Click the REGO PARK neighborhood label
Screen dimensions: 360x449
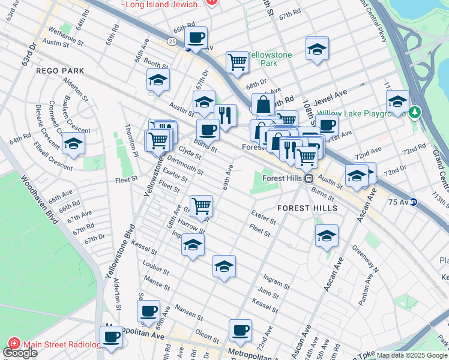pyautogui.click(x=60, y=71)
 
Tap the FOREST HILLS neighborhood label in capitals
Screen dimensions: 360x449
pyautogui.click(x=307, y=208)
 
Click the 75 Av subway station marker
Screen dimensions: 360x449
pyautogui.click(x=414, y=202)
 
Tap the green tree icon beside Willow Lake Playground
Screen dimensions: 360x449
pyautogui.click(x=415, y=112)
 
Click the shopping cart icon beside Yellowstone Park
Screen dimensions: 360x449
pyautogui.click(x=238, y=61)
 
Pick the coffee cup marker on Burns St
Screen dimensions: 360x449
pyautogui.click(x=208, y=129)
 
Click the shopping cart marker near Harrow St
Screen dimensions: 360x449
pyautogui.click(x=201, y=205)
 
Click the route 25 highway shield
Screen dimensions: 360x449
pyautogui.click(x=172, y=41)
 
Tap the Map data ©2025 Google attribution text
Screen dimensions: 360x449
pyautogui.click(x=412, y=355)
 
